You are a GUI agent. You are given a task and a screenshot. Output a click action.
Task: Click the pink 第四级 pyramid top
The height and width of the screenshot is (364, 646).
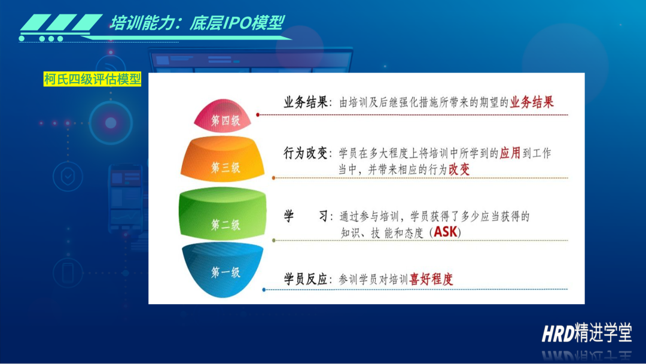tap(223, 116)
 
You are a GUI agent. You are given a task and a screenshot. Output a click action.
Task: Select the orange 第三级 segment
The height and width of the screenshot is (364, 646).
tap(223, 159)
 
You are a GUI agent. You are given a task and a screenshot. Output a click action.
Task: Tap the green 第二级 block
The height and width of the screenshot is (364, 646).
tap(223, 213)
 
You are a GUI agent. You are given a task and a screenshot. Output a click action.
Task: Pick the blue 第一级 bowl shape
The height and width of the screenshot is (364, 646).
tap(223, 269)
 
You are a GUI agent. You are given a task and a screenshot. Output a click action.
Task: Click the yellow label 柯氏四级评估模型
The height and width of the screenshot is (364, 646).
tap(92, 79)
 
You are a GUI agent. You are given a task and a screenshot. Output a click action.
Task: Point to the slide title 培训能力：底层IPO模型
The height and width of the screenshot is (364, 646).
tap(197, 23)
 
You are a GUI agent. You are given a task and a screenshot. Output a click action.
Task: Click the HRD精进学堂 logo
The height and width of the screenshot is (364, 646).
tap(587, 332)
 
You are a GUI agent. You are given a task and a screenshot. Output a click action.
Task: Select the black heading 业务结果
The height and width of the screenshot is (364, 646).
tap(305, 102)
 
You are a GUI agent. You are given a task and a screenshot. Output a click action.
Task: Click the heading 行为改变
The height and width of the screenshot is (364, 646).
tap(305, 153)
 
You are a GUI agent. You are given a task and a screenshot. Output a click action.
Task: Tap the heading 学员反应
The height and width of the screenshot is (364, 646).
tap(305, 279)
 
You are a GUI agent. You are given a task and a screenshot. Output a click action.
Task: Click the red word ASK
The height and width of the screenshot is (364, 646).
tap(446, 232)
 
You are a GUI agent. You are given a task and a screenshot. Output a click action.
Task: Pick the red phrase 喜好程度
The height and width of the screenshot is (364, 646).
tap(431, 279)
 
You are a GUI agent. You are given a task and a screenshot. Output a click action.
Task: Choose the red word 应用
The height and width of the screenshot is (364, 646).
tap(510, 153)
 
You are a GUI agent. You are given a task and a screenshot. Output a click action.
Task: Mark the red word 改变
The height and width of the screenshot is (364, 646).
tap(459, 169)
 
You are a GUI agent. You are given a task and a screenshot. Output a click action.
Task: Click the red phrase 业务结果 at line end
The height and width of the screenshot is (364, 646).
tap(532, 102)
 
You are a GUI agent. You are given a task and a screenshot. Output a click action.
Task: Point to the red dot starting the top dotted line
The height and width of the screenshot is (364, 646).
tap(258, 114)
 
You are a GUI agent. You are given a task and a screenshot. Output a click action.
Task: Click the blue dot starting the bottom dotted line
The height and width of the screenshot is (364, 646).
tap(264, 290)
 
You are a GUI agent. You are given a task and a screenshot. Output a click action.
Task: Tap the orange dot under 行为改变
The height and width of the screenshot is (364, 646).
tap(273, 178)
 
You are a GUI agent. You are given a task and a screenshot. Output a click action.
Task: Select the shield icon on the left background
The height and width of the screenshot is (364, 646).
tap(68, 177)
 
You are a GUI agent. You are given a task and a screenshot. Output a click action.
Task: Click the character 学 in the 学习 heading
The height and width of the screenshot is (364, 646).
tap(289, 216)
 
